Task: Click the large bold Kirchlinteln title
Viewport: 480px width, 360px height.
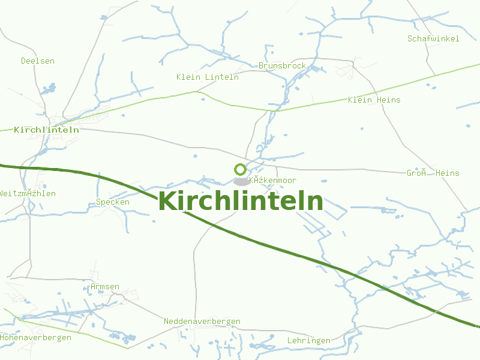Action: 241,202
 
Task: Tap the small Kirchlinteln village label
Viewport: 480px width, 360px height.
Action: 46,130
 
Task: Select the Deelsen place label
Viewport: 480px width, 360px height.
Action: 38,61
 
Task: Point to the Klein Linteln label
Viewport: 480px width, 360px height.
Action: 208,77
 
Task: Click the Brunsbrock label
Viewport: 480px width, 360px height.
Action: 282,65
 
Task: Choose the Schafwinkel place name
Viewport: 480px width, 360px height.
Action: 433,38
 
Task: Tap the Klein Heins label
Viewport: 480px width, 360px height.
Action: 374,100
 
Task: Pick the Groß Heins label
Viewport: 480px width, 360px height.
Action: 433,173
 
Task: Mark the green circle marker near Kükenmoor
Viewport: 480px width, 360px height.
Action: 240,170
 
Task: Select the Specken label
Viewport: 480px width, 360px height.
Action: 113,202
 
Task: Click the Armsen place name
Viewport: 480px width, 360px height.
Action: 104,287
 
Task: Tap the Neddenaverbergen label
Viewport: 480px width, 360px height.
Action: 202,322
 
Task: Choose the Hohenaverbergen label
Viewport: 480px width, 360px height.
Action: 35,337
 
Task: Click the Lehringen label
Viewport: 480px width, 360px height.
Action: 308,340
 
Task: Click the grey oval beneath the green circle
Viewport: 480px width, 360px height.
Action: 241,181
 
